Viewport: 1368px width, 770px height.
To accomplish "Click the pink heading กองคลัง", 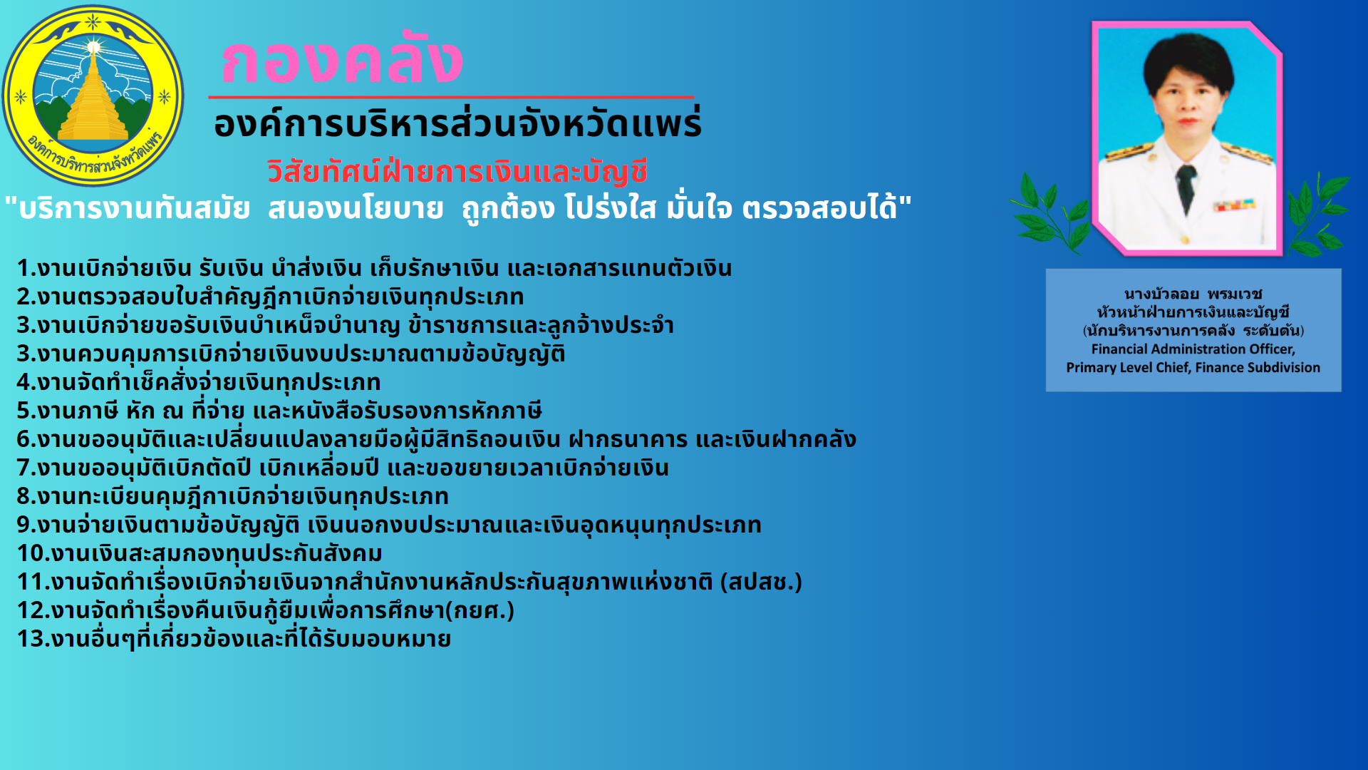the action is point(342,60).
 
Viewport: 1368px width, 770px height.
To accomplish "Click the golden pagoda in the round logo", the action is point(93,96).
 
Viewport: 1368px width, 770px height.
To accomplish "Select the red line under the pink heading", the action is point(451,96).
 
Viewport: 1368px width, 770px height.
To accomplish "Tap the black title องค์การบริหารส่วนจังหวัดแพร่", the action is point(457,123).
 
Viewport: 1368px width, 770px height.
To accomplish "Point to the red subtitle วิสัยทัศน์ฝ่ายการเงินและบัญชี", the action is point(457,172).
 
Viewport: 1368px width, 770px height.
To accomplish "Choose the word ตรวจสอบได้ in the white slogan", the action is point(819,208).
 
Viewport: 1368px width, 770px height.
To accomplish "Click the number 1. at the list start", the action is point(26,269).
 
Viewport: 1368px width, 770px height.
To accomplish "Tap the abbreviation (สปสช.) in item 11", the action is point(761,582).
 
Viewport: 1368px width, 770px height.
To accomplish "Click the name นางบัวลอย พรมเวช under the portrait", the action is point(1193,294).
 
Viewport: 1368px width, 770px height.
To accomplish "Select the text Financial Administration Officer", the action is point(1193,349).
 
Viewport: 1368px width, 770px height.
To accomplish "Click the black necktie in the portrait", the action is point(1186,187).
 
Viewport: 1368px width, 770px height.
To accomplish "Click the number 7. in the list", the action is point(26,468).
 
